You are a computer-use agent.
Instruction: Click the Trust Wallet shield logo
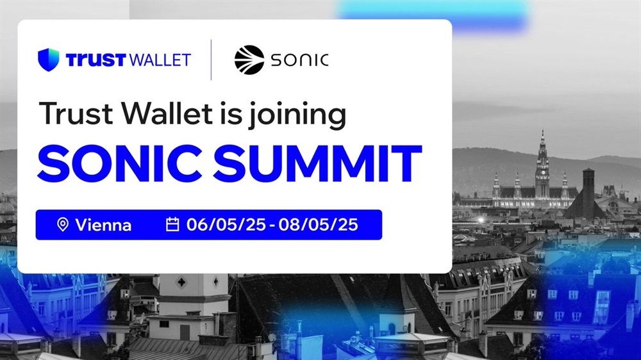click(x=49, y=60)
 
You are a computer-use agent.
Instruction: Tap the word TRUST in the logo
click(x=96, y=60)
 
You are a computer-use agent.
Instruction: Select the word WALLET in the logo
click(x=160, y=60)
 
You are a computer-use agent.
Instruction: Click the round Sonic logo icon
click(x=249, y=60)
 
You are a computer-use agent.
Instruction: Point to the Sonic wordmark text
click(x=299, y=60)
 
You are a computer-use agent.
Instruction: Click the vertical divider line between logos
click(x=211, y=60)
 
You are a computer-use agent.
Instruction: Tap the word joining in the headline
click(x=297, y=115)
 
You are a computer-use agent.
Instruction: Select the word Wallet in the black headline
click(x=167, y=113)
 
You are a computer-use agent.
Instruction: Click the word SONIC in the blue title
click(x=120, y=163)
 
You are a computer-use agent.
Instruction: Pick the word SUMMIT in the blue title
click(x=318, y=163)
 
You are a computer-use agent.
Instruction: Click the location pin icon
click(x=63, y=225)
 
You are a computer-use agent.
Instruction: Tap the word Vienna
click(x=103, y=225)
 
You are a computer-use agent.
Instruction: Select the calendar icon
click(x=172, y=224)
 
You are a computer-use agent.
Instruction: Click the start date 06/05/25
click(x=226, y=225)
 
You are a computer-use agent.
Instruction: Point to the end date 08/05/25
click(x=319, y=225)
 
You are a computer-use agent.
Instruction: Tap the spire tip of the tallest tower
click(x=542, y=131)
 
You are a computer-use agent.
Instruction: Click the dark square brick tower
click(x=588, y=192)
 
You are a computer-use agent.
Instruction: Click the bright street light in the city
click(x=481, y=220)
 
